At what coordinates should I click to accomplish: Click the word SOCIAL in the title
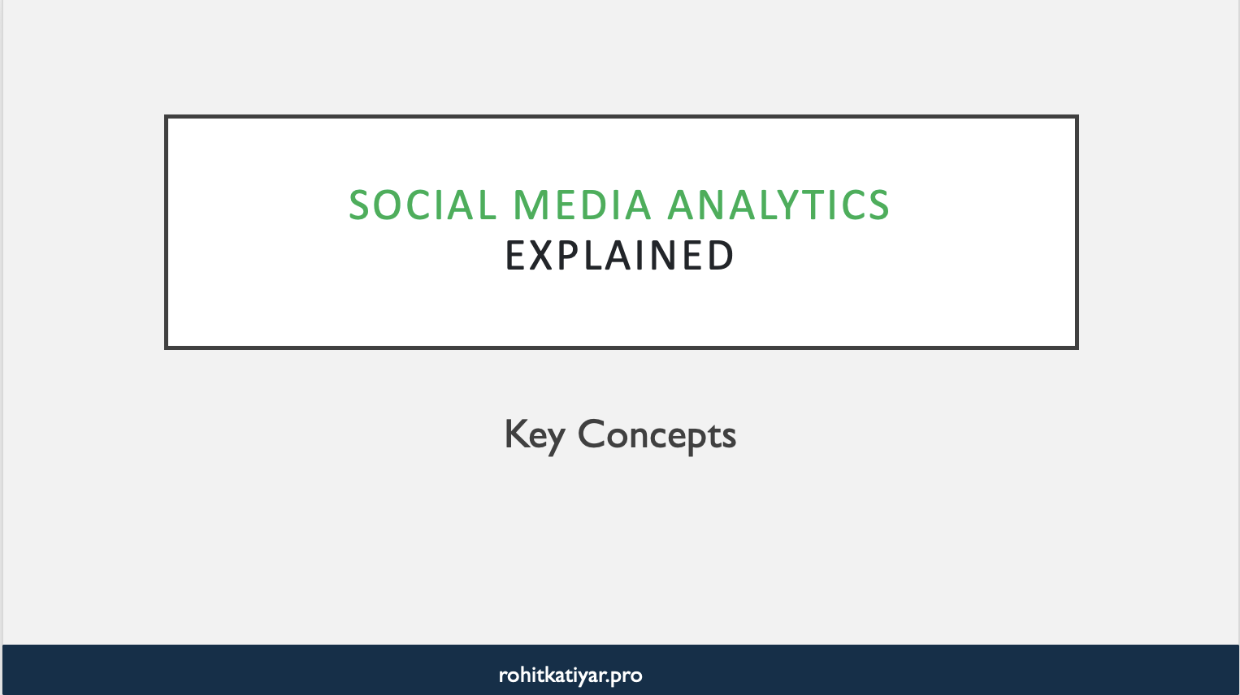(423, 205)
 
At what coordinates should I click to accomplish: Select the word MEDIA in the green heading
(582, 205)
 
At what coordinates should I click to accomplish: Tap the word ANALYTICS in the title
(778, 205)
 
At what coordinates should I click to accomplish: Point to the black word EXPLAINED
(620, 257)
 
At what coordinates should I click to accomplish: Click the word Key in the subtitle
(534, 435)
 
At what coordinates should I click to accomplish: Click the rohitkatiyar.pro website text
(570, 675)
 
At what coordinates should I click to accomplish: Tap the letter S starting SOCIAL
(360, 205)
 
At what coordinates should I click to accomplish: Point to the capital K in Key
(515, 434)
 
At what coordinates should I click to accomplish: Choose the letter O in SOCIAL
(390, 205)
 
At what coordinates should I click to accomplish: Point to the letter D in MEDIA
(603, 205)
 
